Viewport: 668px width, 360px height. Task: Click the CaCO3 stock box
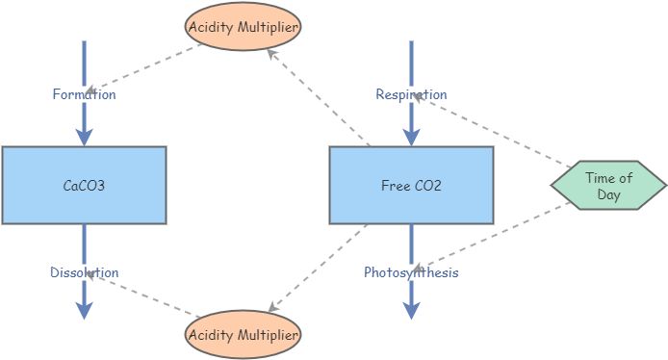click(84, 185)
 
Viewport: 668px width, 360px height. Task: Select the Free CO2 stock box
click(411, 185)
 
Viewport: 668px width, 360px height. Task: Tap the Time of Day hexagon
click(608, 186)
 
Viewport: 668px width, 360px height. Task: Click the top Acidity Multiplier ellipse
click(244, 26)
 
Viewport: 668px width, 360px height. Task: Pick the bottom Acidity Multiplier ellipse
click(244, 334)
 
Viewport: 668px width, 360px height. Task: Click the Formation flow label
click(84, 94)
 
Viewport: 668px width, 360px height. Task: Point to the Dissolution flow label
click(84, 272)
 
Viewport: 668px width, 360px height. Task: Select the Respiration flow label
click(411, 94)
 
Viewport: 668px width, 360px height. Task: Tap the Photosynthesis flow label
click(411, 272)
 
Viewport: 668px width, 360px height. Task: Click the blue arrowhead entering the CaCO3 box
click(84, 136)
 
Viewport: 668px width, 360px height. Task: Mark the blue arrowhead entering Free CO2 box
click(411, 136)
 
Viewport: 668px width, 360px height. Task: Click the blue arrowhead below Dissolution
click(84, 309)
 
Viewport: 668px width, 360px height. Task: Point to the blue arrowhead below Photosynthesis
click(411, 309)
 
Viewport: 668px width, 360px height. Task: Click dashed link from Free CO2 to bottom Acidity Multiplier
click(318, 268)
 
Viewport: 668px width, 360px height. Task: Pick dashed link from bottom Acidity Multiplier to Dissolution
click(144, 295)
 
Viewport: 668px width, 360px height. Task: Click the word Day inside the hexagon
click(608, 194)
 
